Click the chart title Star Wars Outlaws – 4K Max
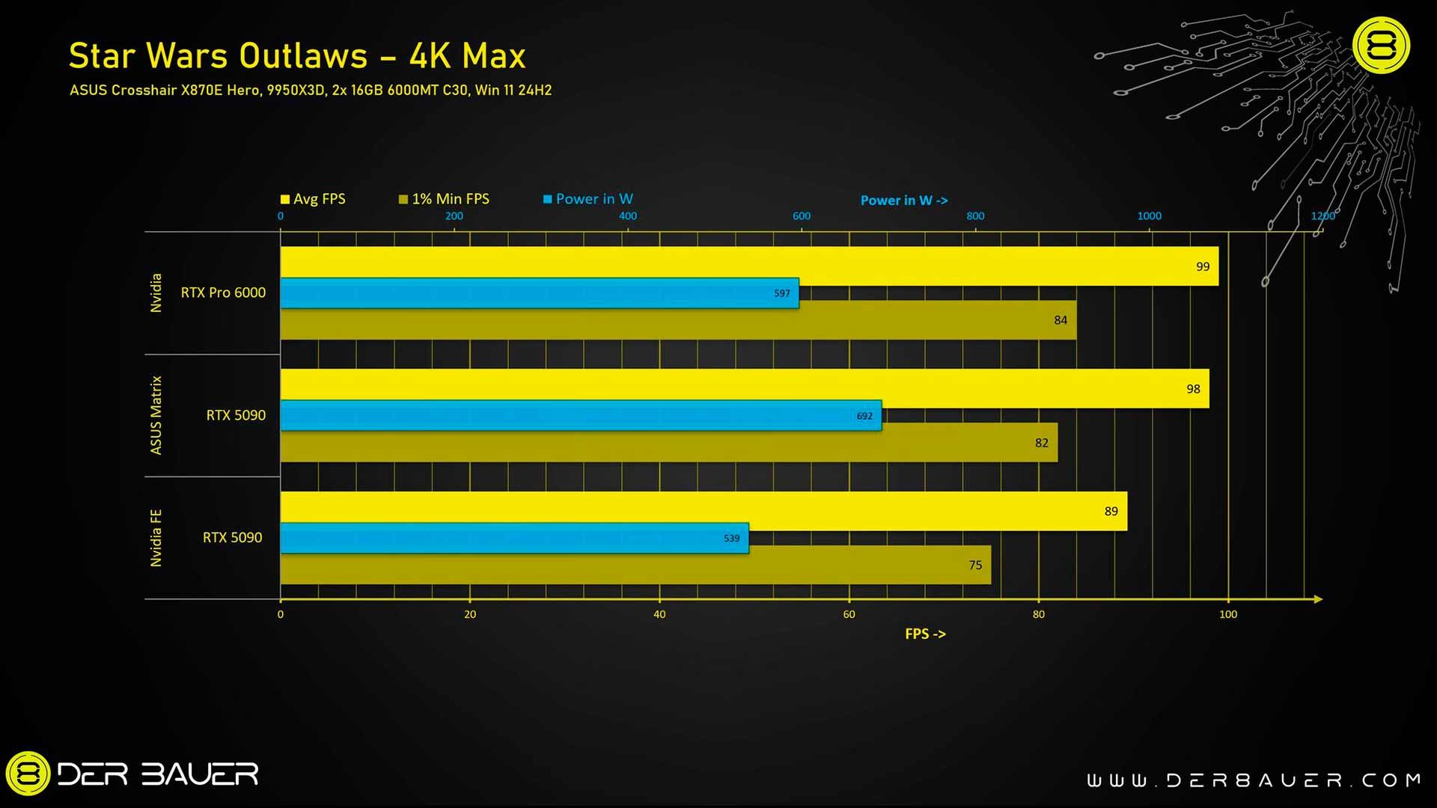[297, 56]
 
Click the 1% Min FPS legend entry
[444, 199]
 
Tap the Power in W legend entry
[588, 199]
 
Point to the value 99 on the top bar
[1202, 266]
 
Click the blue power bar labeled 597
[539, 293]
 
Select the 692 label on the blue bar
[864, 416]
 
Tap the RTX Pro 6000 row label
[223, 293]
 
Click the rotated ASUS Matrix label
[156, 415]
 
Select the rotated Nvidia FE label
[156, 538]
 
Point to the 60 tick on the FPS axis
[849, 614]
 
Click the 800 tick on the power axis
[975, 216]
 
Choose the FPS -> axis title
[925, 634]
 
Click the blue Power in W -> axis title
[903, 201]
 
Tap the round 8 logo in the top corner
[1381, 46]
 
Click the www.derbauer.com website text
[1254, 780]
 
